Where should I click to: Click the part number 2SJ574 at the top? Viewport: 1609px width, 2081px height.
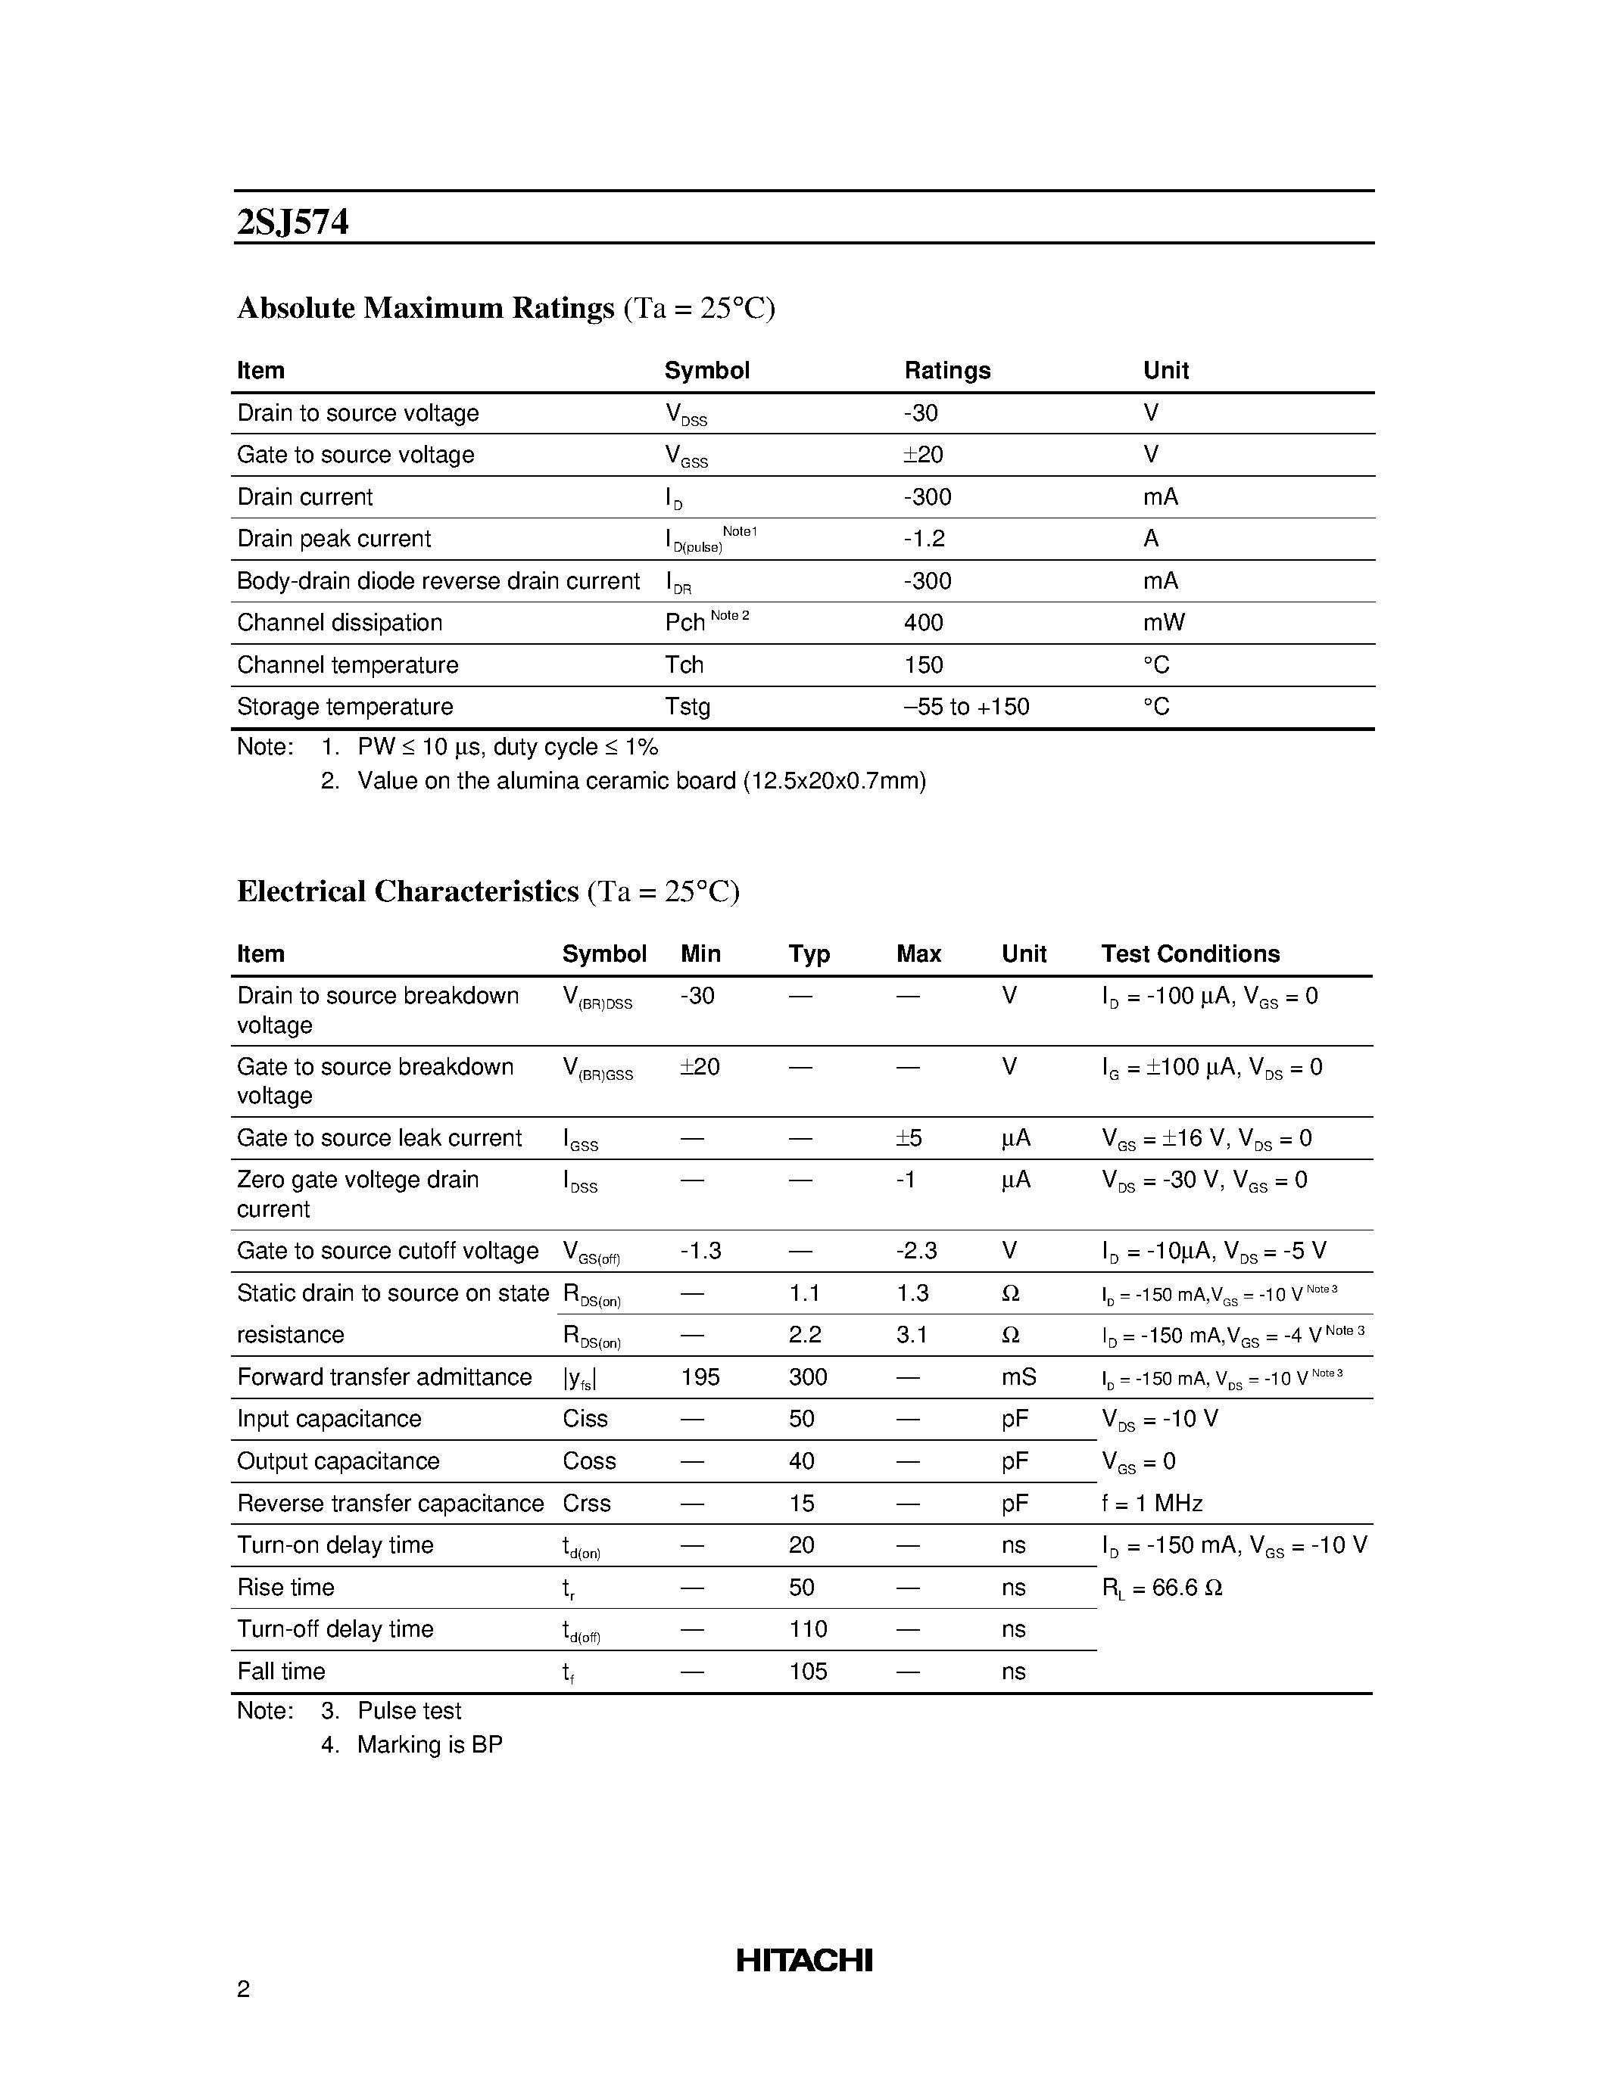(x=292, y=222)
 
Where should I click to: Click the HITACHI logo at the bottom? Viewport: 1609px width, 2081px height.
(x=803, y=1960)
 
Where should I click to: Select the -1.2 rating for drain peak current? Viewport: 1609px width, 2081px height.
(x=924, y=540)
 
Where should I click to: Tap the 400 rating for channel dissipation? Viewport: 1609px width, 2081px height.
(x=923, y=623)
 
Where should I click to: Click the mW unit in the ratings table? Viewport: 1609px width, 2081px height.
(x=1163, y=623)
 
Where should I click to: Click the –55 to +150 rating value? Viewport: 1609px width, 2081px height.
(x=965, y=707)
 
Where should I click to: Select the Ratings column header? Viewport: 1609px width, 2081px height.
(x=946, y=371)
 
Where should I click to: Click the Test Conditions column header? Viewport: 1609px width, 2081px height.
(x=1190, y=953)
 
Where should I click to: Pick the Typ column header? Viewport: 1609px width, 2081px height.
(x=809, y=953)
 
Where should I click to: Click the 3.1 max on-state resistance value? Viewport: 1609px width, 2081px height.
(x=911, y=1335)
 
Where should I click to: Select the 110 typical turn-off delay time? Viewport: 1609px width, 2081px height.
(x=807, y=1629)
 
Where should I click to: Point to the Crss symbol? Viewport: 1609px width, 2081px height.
(x=586, y=1504)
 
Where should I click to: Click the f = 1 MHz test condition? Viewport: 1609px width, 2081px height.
(x=1152, y=1504)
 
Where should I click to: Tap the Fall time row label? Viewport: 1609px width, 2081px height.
(x=281, y=1672)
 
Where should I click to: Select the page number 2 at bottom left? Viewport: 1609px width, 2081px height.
(x=243, y=1989)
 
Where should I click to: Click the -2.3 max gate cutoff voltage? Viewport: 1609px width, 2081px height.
(x=916, y=1251)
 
